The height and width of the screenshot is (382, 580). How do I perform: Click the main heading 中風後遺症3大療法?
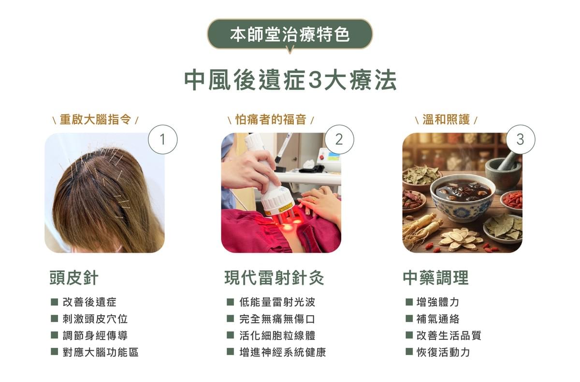tap(290, 81)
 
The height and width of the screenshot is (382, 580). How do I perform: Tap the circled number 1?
tap(162, 139)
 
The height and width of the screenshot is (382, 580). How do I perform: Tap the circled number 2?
tap(339, 139)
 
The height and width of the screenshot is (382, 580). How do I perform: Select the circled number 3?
tap(520, 139)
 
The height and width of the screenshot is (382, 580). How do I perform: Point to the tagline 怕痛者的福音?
tap(271, 119)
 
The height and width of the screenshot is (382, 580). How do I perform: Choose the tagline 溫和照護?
tap(446, 119)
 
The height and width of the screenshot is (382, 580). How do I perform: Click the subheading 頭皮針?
tap(73, 278)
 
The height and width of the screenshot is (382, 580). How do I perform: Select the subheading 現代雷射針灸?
tap(274, 278)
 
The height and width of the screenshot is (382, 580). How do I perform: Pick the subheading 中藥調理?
tap(435, 278)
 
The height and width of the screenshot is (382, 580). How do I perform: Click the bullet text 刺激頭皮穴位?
tap(95, 319)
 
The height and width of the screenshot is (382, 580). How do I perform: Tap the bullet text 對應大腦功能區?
tap(101, 352)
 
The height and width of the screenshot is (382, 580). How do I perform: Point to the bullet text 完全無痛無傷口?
tap(277, 319)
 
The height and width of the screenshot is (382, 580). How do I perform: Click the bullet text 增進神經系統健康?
tap(283, 352)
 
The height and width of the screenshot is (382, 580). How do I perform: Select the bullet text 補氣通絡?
tap(438, 319)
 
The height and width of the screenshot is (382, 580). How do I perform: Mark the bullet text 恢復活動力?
tap(443, 352)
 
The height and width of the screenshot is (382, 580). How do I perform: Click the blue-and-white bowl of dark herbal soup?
tap(462, 196)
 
